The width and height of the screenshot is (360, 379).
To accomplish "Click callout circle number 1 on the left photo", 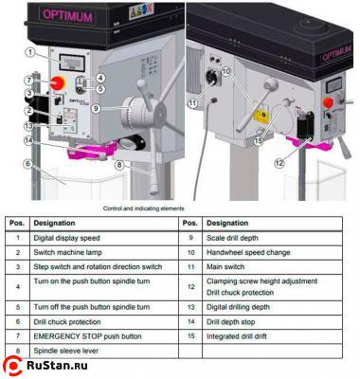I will tap(32, 52).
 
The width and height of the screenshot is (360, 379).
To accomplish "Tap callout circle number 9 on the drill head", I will tap(97, 109).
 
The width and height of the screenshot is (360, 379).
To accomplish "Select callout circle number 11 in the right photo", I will tap(194, 103).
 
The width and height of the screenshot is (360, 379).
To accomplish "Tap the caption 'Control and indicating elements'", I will tap(142, 207).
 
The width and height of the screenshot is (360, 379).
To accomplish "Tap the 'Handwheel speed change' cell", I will tap(247, 253).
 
